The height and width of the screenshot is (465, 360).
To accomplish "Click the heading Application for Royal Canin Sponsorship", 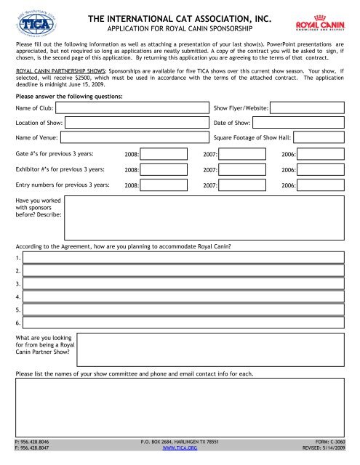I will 180,30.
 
